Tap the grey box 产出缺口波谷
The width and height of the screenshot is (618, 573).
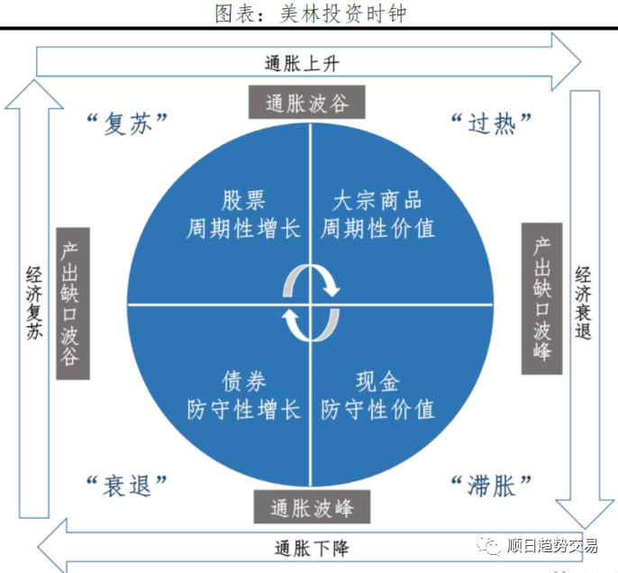72,302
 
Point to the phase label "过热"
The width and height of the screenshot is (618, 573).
491,123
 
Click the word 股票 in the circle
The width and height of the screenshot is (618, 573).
244,200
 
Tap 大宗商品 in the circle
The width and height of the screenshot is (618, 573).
377,200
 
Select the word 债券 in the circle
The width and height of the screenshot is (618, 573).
244,382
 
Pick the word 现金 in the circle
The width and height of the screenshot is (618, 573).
377,382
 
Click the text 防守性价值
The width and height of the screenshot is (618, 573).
377,410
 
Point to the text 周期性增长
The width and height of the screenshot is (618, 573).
244,228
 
